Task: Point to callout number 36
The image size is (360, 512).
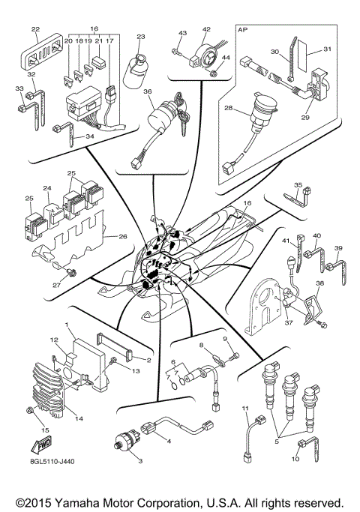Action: pyautogui.click(x=148, y=92)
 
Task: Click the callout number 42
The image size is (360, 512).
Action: pyautogui.click(x=206, y=30)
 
